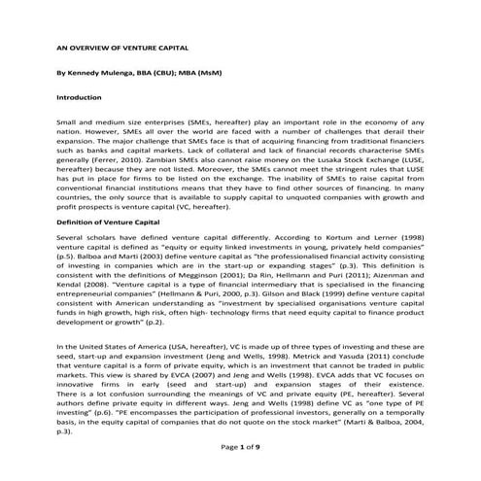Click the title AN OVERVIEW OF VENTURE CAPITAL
coord(121,46)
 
